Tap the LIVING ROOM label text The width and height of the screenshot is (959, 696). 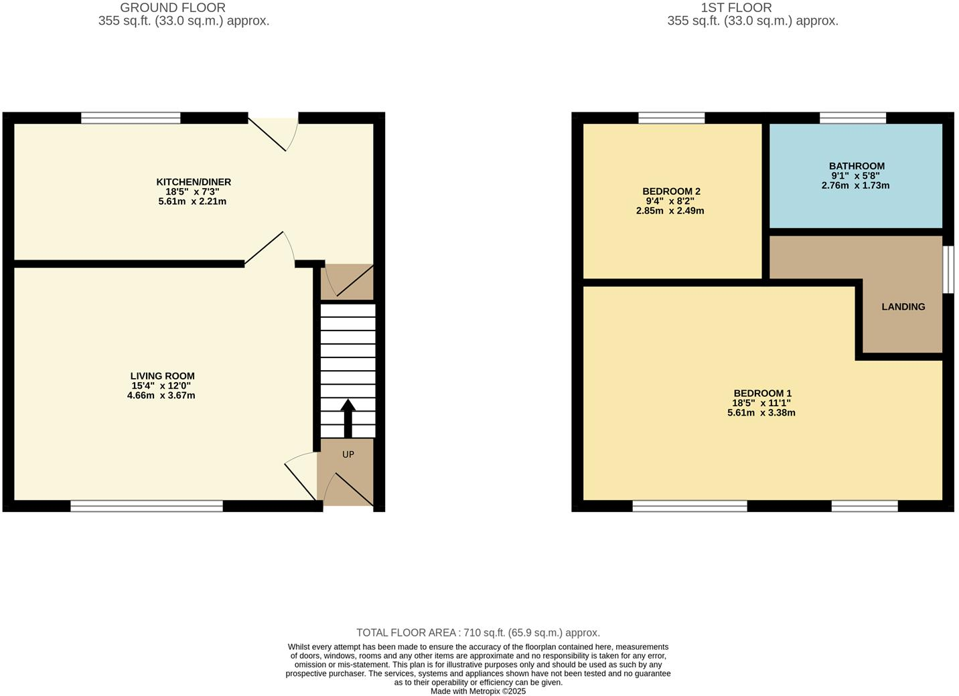click(x=162, y=376)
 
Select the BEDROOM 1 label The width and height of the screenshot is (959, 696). click(x=762, y=394)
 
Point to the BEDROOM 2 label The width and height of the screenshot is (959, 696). click(x=671, y=191)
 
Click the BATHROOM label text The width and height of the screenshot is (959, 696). click(x=857, y=166)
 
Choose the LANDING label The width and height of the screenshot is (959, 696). click(x=903, y=307)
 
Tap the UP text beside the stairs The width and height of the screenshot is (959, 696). click(x=348, y=454)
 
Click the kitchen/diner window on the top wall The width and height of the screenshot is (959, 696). click(x=131, y=118)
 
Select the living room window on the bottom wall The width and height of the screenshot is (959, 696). click(x=146, y=507)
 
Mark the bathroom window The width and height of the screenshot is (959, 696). click(x=853, y=118)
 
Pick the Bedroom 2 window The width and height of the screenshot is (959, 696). click(x=671, y=118)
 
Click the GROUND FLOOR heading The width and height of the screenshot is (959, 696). click(x=173, y=8)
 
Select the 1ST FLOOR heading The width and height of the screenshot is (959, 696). click(x=736, y=8)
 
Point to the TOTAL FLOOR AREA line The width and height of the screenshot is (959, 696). click(x=478, y=632)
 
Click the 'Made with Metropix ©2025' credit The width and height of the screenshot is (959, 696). click(x=478, y=691)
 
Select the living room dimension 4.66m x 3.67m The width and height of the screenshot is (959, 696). click(x=161, y=396)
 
